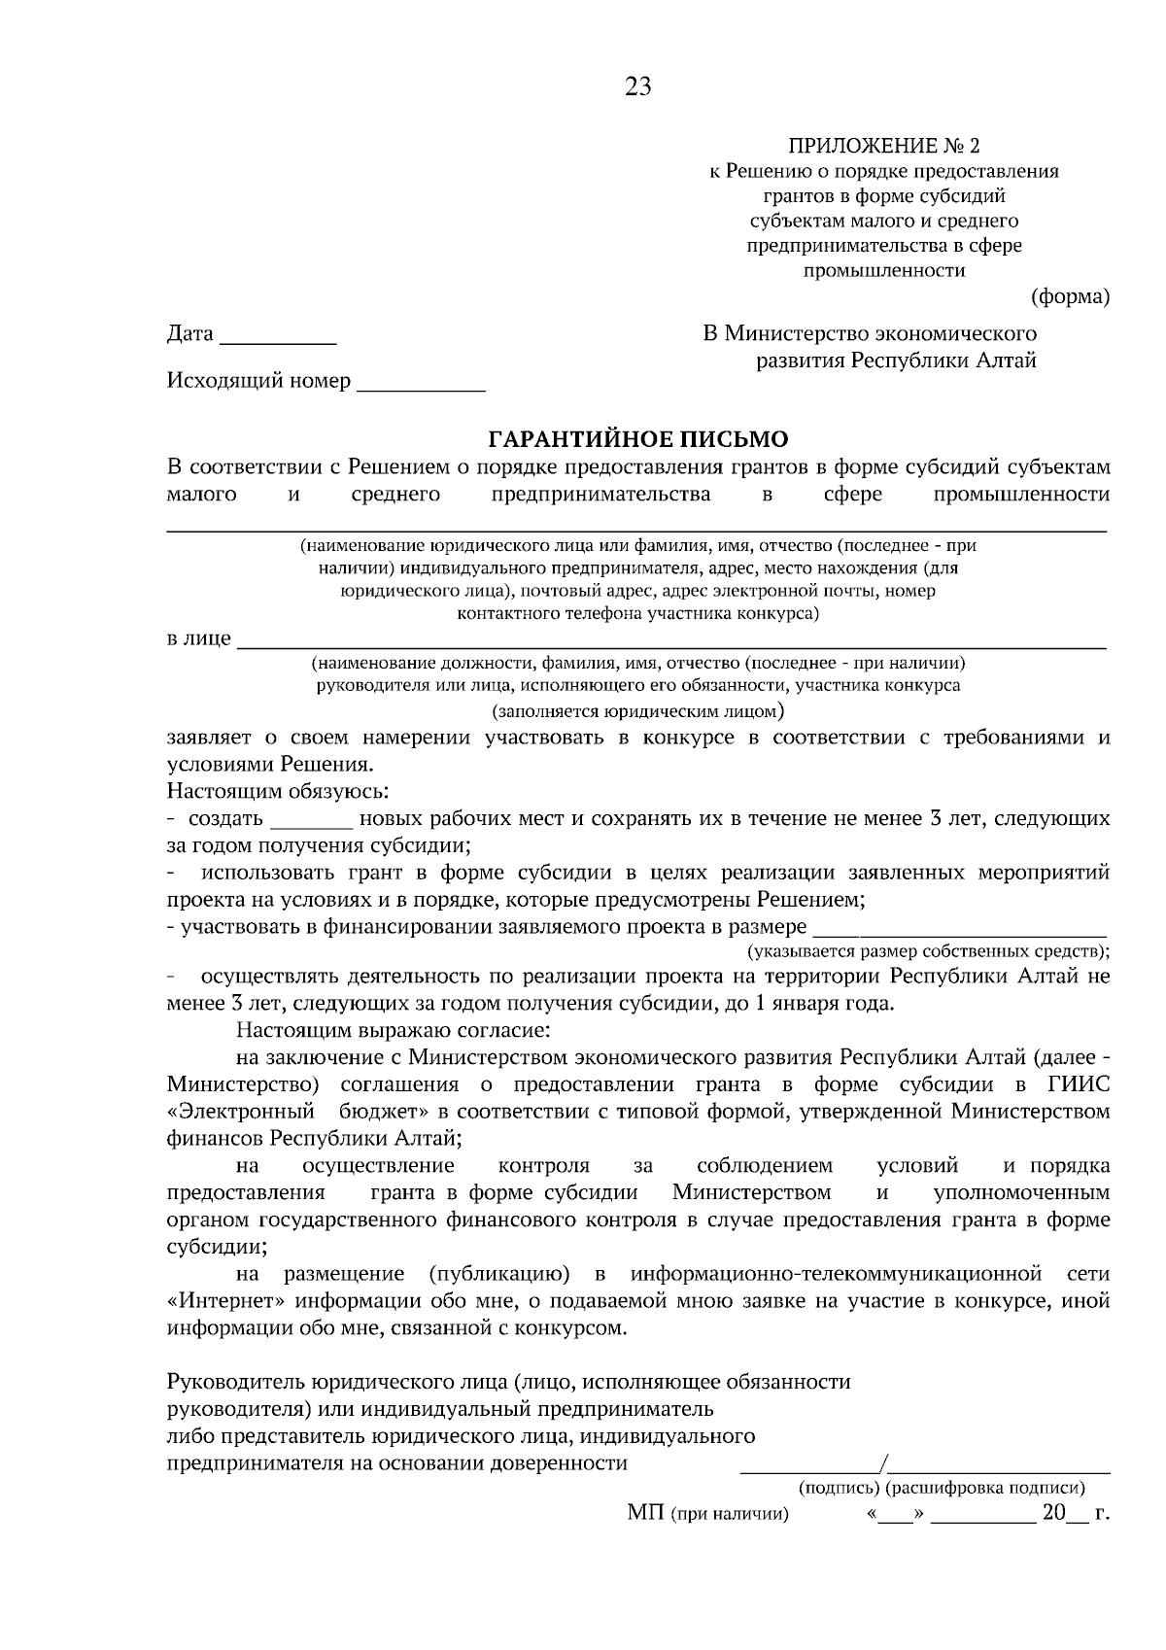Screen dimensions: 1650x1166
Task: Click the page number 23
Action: [x=638, y=87]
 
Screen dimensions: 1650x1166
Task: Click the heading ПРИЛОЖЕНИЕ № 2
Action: [x=883, y=147]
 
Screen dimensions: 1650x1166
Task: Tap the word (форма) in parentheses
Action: [x=1070, y=296]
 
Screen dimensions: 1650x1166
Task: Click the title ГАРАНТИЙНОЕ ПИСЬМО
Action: [x=637, y=439]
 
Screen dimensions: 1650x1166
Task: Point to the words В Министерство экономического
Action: [x=870, y=333]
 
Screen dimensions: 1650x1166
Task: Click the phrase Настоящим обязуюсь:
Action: [x=278, y=791]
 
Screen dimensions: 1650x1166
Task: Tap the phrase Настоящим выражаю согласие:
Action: [x=394, y=1030]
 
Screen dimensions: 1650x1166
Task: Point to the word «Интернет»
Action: [x=224, y=1301]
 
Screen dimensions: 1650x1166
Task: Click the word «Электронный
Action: [x=241, y=1111]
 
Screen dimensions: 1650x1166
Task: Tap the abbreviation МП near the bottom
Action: [x=645, y=1514]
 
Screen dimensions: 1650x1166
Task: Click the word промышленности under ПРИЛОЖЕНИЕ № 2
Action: [x=883, y=271]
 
